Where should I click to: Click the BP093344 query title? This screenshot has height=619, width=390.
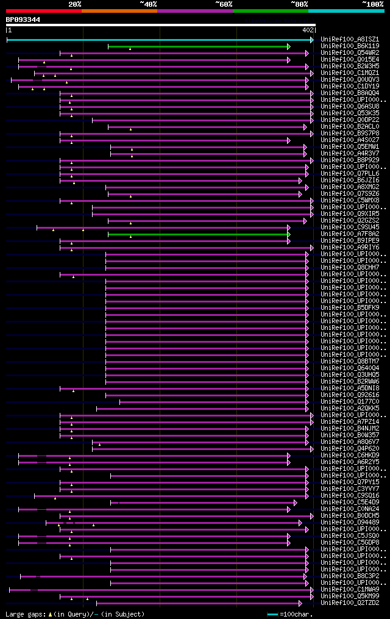pyautogui.click(x=23, y=20)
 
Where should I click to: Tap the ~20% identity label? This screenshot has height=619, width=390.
pyautogui.click(x=74, y=4)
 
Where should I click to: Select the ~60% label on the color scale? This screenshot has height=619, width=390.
pyautogui.click(x=224, y=4)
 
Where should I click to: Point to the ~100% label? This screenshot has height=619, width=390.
pyautogui.click(x=372, y=4)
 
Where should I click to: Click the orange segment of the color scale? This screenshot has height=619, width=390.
pyautogui.click(x=119, y=10)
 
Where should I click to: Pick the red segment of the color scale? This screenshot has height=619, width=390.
pyautogui.click(x=43, y=10)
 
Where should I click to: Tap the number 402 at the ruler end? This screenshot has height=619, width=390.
pyautogui.click(x=308, y=29)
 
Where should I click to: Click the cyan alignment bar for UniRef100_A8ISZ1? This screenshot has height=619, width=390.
pyautogui.click(x=158, y=40)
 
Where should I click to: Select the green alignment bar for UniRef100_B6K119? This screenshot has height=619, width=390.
pyautogui.click(x=198, y=46)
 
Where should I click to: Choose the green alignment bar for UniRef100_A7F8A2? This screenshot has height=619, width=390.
pyautogui.click(x=198, y=234)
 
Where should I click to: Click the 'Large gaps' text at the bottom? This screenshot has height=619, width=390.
pyautogui.click(x=24, y=614)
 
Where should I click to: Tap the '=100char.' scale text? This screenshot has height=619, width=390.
pyautogui.click(x=294, y=614)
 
